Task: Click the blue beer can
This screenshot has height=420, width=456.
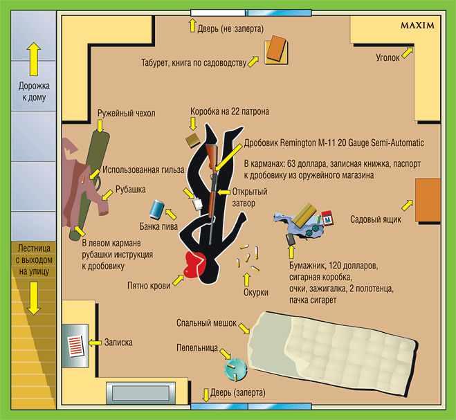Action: [x=158, y=209]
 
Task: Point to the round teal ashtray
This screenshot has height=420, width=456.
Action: [x=235, y=369]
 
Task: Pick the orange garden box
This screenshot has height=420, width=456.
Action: [x=428, y=200]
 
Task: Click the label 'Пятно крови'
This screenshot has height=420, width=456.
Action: [x=149, y=285]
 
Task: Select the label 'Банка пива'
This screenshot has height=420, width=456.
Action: [x=157, y=226]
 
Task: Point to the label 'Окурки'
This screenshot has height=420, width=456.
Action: [x=255, y=293]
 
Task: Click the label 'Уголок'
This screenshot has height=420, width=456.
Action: [x=387, y=57]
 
